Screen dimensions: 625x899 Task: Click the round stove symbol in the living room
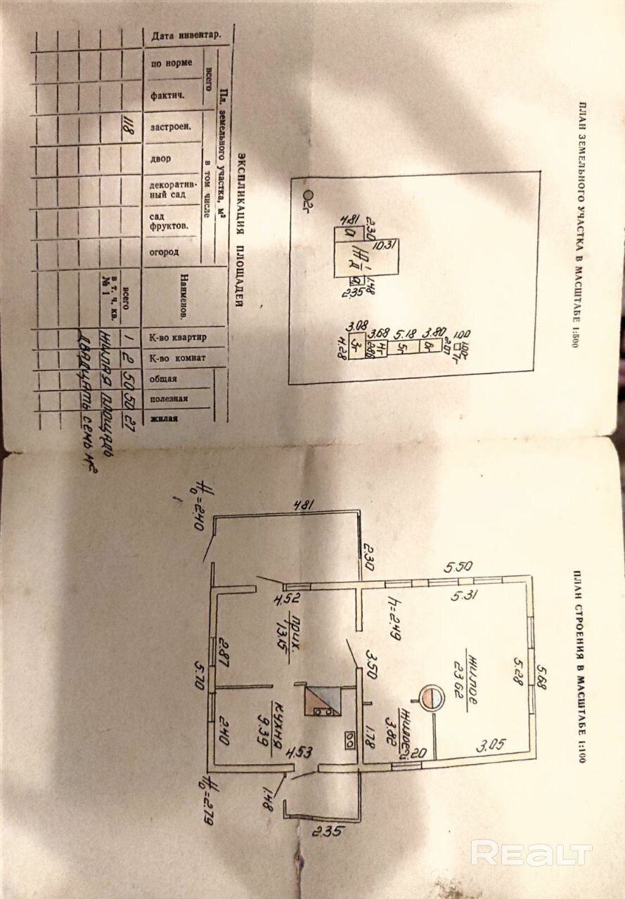click(x=430, y=697)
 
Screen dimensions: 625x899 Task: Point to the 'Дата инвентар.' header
click(x=181, y=35)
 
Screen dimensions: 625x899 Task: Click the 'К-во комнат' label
click(x=178, y=357)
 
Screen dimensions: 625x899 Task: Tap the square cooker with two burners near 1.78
click(x=349, y=740)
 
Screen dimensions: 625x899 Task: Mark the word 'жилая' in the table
click(x=162, y=418)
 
